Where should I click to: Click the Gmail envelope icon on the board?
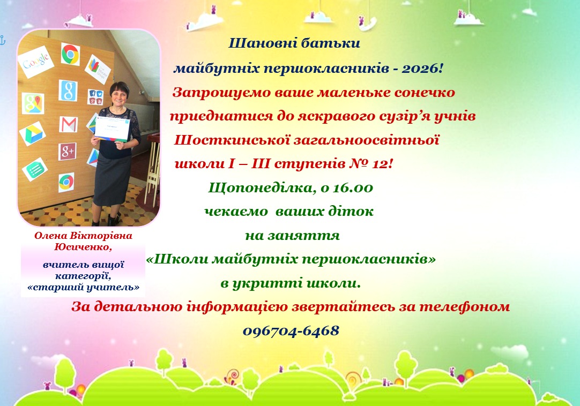coord(69,124)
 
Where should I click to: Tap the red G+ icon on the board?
coord(68,152)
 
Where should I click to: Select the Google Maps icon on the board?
coord(33,103)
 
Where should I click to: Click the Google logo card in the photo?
coord(36,62)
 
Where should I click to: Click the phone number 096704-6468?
coord(291,331)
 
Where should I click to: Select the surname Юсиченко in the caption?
coord(83,247)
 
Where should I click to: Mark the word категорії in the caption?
coord(83,276)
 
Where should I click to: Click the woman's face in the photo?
coord(120,96)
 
